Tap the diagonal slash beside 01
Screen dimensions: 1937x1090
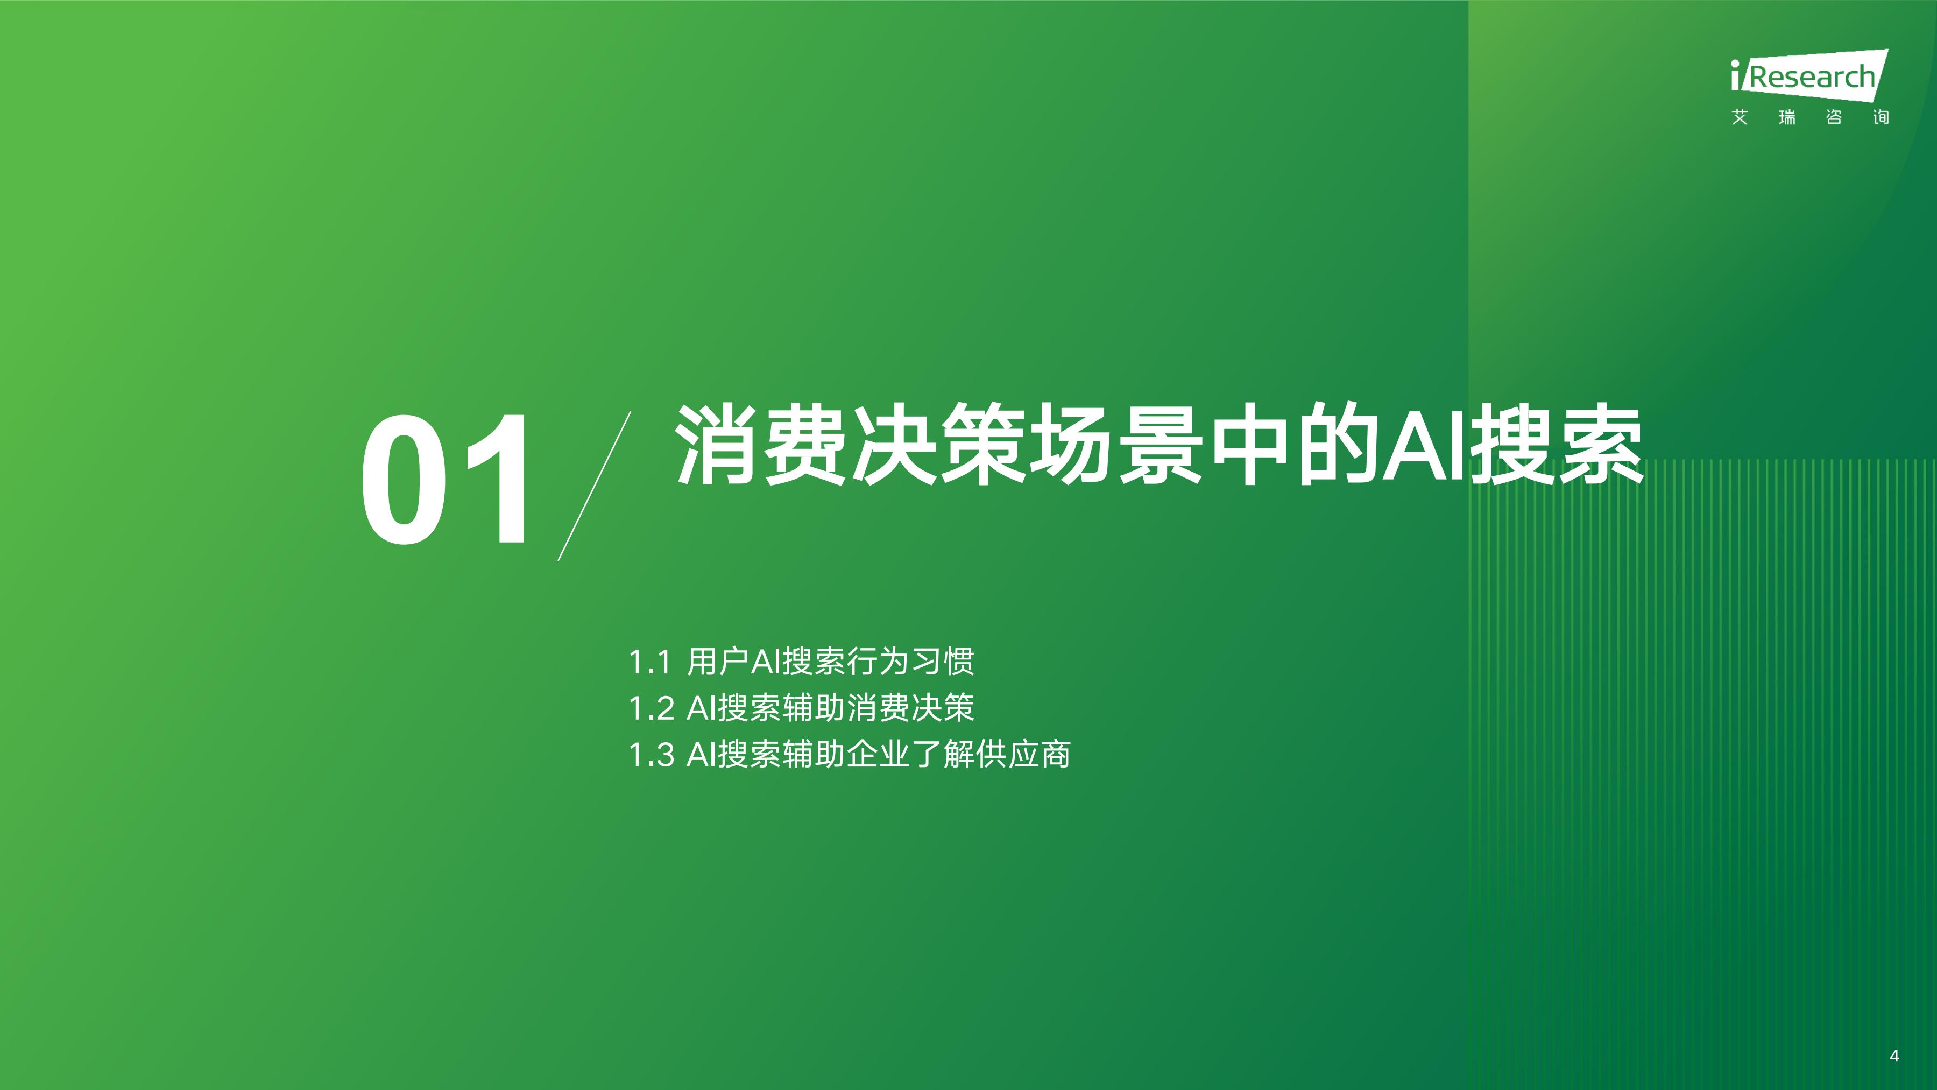(594, 486)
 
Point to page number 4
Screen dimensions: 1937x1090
(1893, 1056)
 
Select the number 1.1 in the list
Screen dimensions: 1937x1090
(649, 662)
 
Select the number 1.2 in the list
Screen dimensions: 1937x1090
(651, 708)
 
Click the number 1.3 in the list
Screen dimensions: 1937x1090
(651, 755)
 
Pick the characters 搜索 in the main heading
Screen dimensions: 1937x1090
(1556, 445)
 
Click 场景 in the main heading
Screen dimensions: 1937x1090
(1116, 445)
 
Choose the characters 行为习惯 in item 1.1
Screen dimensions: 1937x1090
(910, 662)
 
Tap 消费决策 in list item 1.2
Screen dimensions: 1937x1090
(910, 708)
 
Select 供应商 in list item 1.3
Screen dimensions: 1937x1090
(1023, 755)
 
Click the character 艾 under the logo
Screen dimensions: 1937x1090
(1739, 117)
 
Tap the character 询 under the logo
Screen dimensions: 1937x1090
(1881, 117)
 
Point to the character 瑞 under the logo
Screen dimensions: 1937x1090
(1786, 117)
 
